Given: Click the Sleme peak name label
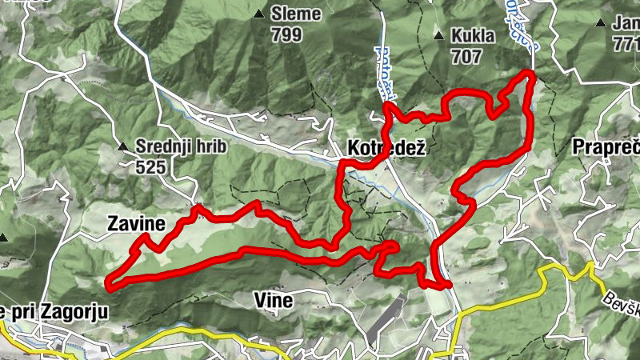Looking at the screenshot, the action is (x=296, y=14).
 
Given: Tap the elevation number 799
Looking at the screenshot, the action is (x=286, y=34).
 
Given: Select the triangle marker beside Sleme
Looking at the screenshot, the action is (x=258, y=14).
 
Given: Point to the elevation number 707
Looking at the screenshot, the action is (x=466, y=57).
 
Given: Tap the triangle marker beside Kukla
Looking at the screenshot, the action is (x=438, y=37).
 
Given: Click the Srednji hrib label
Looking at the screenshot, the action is (x=182, y=147).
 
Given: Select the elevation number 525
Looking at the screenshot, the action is (x=151, y=166).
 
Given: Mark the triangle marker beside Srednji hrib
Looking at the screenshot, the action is (x=122, y=147).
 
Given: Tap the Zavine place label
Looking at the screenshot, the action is (x=135, y=225).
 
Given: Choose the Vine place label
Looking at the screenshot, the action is (x=274, y=301).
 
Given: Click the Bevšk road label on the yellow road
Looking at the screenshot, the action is (x=621, y=299).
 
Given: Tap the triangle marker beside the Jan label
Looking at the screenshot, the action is (x=600, y=23).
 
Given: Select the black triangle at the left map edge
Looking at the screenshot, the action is (x=3, y=238).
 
